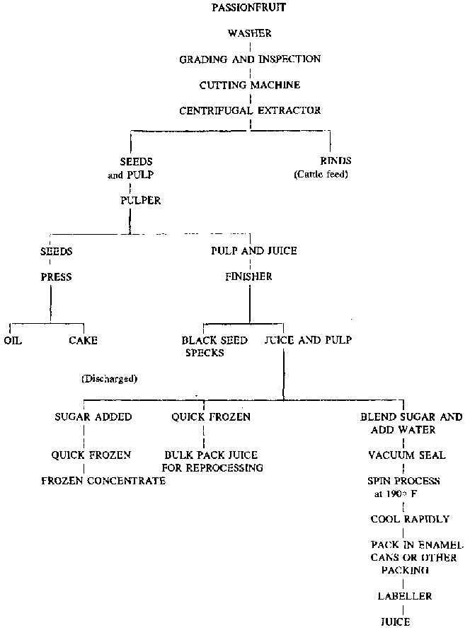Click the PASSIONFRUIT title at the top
pyautogui.click(x=249, y=8)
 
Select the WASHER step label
pyautogui.click(x=249, y=33)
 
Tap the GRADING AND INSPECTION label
pyautogui.click(x=250, y=59)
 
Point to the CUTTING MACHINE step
pyautogui.click(x=250, y=85)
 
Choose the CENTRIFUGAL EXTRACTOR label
pyautogui.click(x=250, y=110)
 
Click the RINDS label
pyautogui.click(x=336, y=161)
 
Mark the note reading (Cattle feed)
pyautogui.click(x=321, y=174)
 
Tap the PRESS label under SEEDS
pyautogui.click(x=56, y=276)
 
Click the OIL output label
pyautogui.click(x=13, y=340)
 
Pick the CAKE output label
pyautogui.click(x=83, y=340)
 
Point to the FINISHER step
pyautogui.click(x=248, y=276)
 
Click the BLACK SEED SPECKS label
pyautogui.click(x=214, y=346)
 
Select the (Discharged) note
pyautogui.click(x=110, y=378)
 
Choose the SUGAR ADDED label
pyautogui.click(x=93, y=417)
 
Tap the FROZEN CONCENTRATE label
pyautogui.click(x=103, y=481)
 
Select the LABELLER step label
pyautogui.click(x=405, y=596)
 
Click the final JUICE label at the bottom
pyautogui.click(x=395, y=622)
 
